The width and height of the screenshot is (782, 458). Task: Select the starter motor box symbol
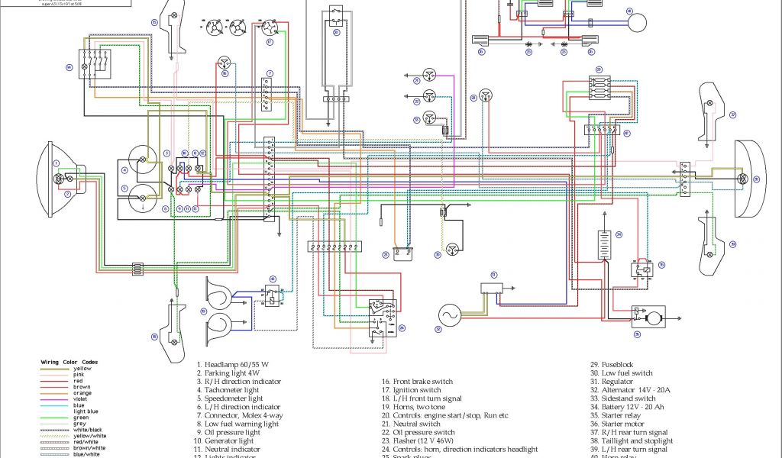[x=648, y=315]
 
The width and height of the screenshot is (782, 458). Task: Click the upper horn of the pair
[x=221, y=291]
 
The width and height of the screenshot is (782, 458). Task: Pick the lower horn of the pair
[x=221, y=325]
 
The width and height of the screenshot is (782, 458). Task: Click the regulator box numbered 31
[x=493, y=287]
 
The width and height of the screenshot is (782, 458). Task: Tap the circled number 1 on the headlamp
[x=56, y=163]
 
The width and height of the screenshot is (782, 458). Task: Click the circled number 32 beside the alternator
[x=438, y=330]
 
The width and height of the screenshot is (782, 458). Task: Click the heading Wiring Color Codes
[x=69, y=362]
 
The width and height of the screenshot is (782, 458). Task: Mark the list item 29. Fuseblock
[x=611, y=365]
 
